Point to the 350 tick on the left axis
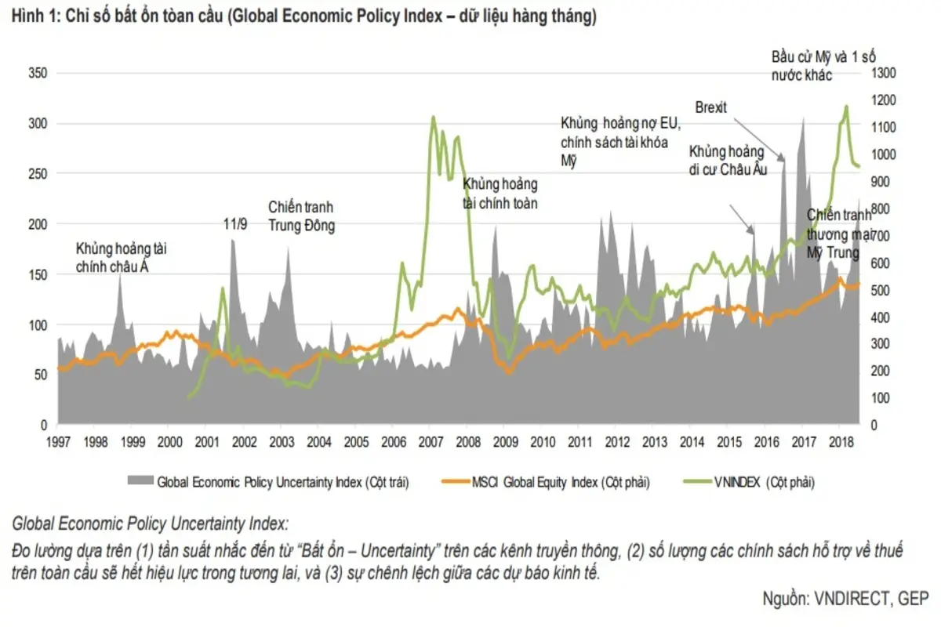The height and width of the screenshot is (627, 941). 37,73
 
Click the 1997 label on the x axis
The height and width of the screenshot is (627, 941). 58,442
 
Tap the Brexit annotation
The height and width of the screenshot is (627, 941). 710,107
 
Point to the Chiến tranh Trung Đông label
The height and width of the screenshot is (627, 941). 301,217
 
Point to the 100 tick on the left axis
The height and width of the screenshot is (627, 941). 37,324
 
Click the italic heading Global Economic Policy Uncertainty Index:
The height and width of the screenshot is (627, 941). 150,524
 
